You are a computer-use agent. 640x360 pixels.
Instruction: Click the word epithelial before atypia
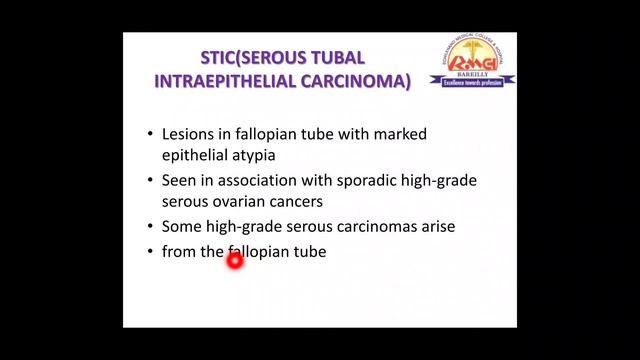tap(194, 156)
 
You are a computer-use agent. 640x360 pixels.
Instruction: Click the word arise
tap(435, 228)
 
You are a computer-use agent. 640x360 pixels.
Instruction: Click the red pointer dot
tap(235, 262)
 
